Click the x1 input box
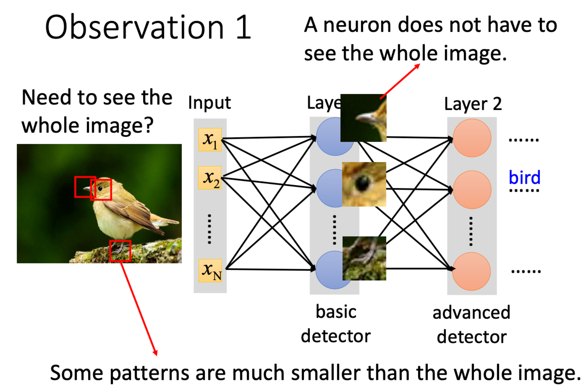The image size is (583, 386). (x=210, y=140)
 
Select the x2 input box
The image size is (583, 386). (x=210, y=177)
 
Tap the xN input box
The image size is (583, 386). (x=210, y=271)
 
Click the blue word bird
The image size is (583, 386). (x=525, y=177)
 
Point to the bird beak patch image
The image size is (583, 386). (x=363, y=118)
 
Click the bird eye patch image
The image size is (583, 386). (x=364, y=184)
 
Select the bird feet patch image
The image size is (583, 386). (x=364, y=258)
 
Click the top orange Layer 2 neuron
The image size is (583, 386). (x=472, y=138)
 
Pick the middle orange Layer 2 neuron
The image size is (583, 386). (x=472, y=190)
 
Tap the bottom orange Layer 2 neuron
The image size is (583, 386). (x=472, y=271)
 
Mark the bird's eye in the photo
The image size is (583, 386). (x=100, y=188)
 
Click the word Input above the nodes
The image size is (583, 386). (x=209, y=103)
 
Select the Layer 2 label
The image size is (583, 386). (x=473, y=104)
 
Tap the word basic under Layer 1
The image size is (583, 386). (x=336, y=312)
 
